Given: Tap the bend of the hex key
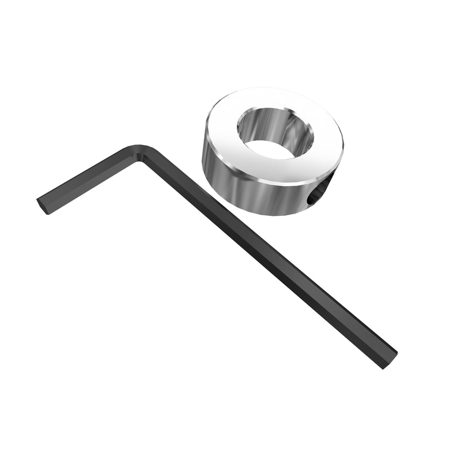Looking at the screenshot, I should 141,154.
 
